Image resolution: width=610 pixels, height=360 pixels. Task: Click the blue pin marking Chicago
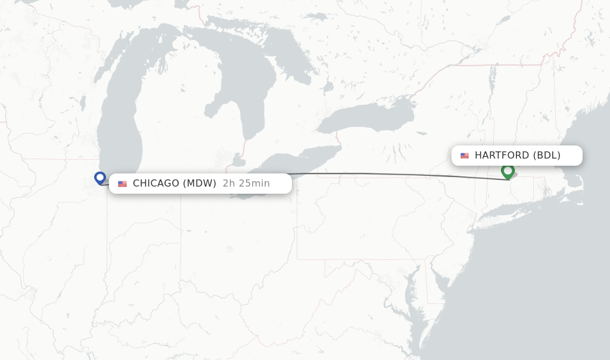[x=100, y=178]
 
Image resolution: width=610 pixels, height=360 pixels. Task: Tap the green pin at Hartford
[x=508, y=171]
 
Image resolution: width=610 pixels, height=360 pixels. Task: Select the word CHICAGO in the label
[x=155, y=184]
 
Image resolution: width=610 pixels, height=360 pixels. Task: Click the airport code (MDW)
[x=199, y=184]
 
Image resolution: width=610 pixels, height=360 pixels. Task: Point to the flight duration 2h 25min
[x=246, y=184]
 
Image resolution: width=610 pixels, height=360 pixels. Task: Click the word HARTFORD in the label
[x=502, y=156]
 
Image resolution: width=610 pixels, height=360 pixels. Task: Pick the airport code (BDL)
[x=546, y=156]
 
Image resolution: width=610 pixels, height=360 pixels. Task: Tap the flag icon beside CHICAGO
[x=122, y=184]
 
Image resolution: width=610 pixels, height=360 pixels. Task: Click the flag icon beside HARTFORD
[x=465, y=156]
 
